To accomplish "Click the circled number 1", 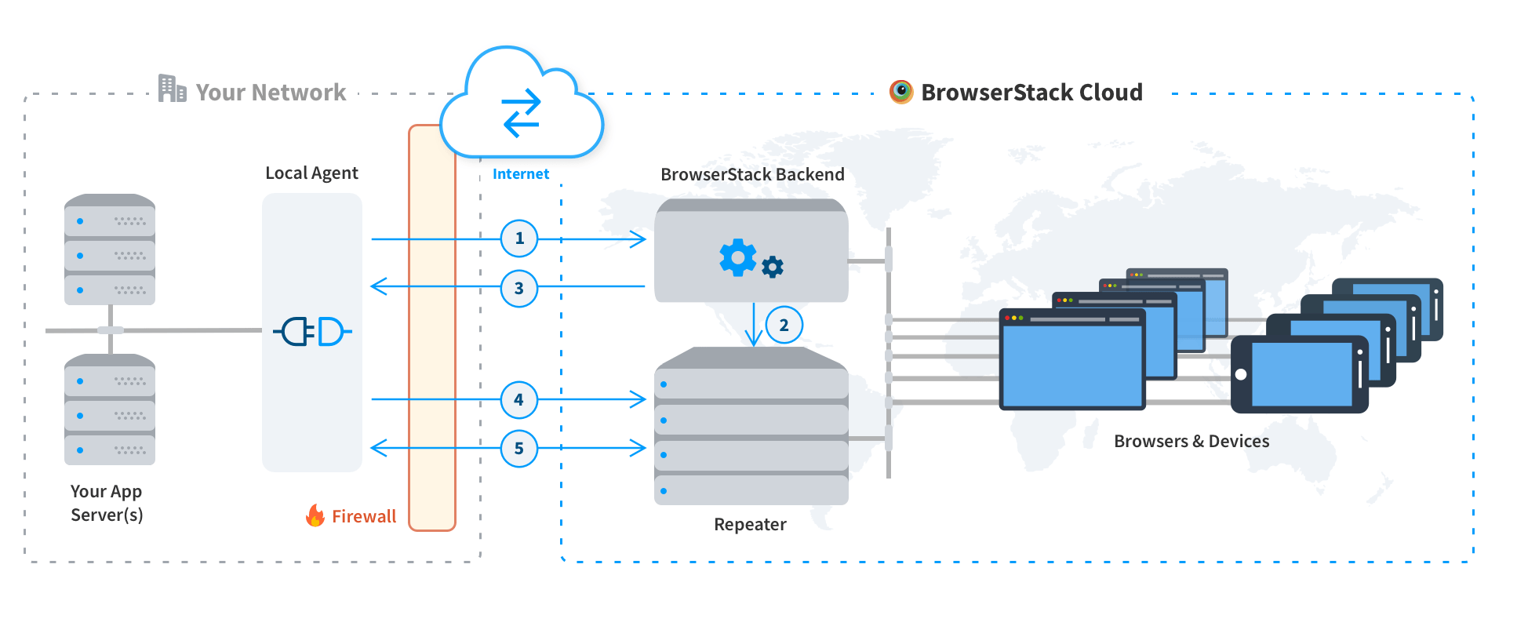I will [x=518, y=238].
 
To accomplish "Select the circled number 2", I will [x=784, y=325].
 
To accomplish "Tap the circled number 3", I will [x=518, y=288].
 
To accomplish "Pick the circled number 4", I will [x=518, y=400].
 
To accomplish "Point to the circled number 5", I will [x=518, y=449].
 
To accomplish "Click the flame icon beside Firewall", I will [x=315, y=515].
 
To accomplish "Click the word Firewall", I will [x=364, y=516].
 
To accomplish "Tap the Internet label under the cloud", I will [x=520, y=174].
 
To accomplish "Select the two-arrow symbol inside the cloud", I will [x=522, y=113].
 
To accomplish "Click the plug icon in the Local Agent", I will [x=312, y=332].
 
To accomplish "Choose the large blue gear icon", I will [x=737, y=257].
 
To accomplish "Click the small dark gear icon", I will [x=773, y=268].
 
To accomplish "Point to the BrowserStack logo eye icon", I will [x=901, y=92].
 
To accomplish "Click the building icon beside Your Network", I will [x=172, y=89].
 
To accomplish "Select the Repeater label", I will [x=750, y=524].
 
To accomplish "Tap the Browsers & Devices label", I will [x=1191, y=441].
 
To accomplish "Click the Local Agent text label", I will [x=311, y=173].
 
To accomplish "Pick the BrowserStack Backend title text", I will [x=751, y=174].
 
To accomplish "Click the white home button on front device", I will [x=1241, y=374].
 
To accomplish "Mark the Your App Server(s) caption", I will [x=107, y=503].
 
